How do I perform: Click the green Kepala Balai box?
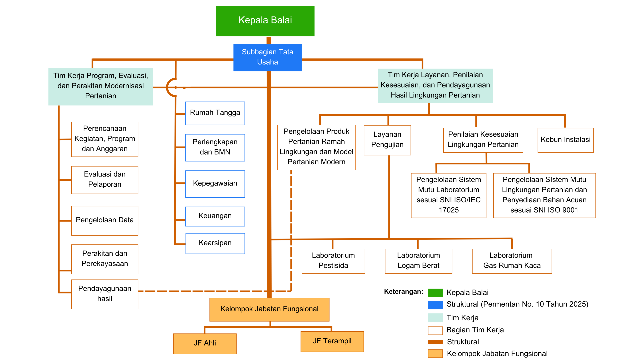tap(265, 21)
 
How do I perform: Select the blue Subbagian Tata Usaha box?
tap(267, 57)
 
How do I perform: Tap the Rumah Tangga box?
tap(215, 113)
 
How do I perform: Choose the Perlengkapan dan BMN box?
tap(215, 147)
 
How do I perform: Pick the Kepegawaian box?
tap(215, 184)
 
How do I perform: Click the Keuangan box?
tap(215, 216)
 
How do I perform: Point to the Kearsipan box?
tap(215, 243)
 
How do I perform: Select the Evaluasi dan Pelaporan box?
tap(105, 180)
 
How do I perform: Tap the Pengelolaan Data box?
tap(105, 220)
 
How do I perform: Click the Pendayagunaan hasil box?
tap(105, 294)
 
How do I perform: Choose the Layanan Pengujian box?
tap(387, 140)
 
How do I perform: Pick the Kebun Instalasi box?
tap(565, 140)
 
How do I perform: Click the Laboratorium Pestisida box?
tap(333, 261)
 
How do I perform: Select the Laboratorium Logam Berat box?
tap(418, 261)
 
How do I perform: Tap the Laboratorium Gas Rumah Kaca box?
tap(512, 261)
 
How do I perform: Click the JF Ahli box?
tap(205, 343)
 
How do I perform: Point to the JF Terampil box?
tap(332, 341)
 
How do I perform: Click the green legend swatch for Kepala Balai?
tap(435, 293)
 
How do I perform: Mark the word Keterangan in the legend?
tap(403, 292)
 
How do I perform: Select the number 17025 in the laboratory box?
tap(449, 210)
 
